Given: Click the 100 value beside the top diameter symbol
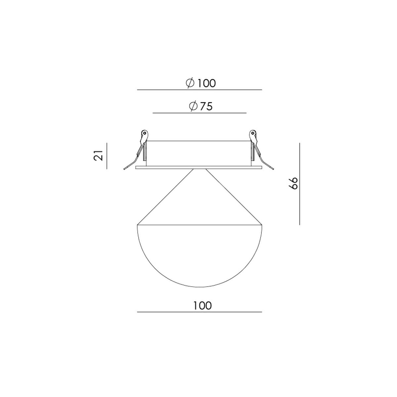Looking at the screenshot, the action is coord(206,83).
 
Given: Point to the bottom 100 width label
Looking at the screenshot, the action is coord(202,306).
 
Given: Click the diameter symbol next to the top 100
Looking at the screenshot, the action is coord(190,83).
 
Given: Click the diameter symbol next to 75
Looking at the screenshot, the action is coord(193,106).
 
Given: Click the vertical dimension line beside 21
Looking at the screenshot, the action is coord(107,156).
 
